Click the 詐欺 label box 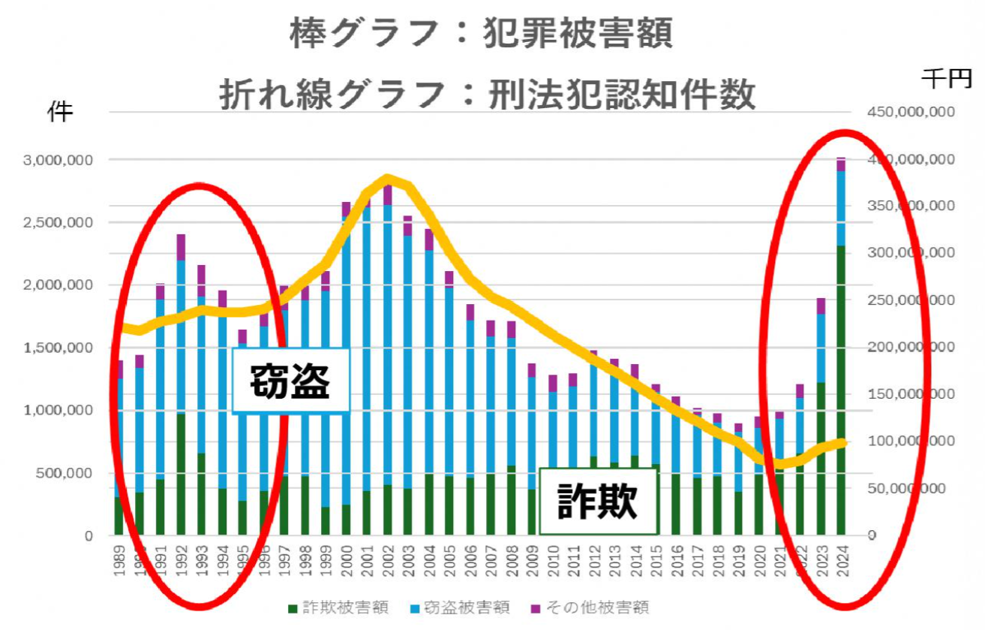(x=597, y=501)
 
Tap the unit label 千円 (x=947, y=79)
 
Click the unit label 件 (x=61, y=112)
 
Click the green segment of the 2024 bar (x=841, y=390)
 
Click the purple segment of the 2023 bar (x=821, y=306)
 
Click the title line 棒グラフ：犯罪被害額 (x=480, y=33)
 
